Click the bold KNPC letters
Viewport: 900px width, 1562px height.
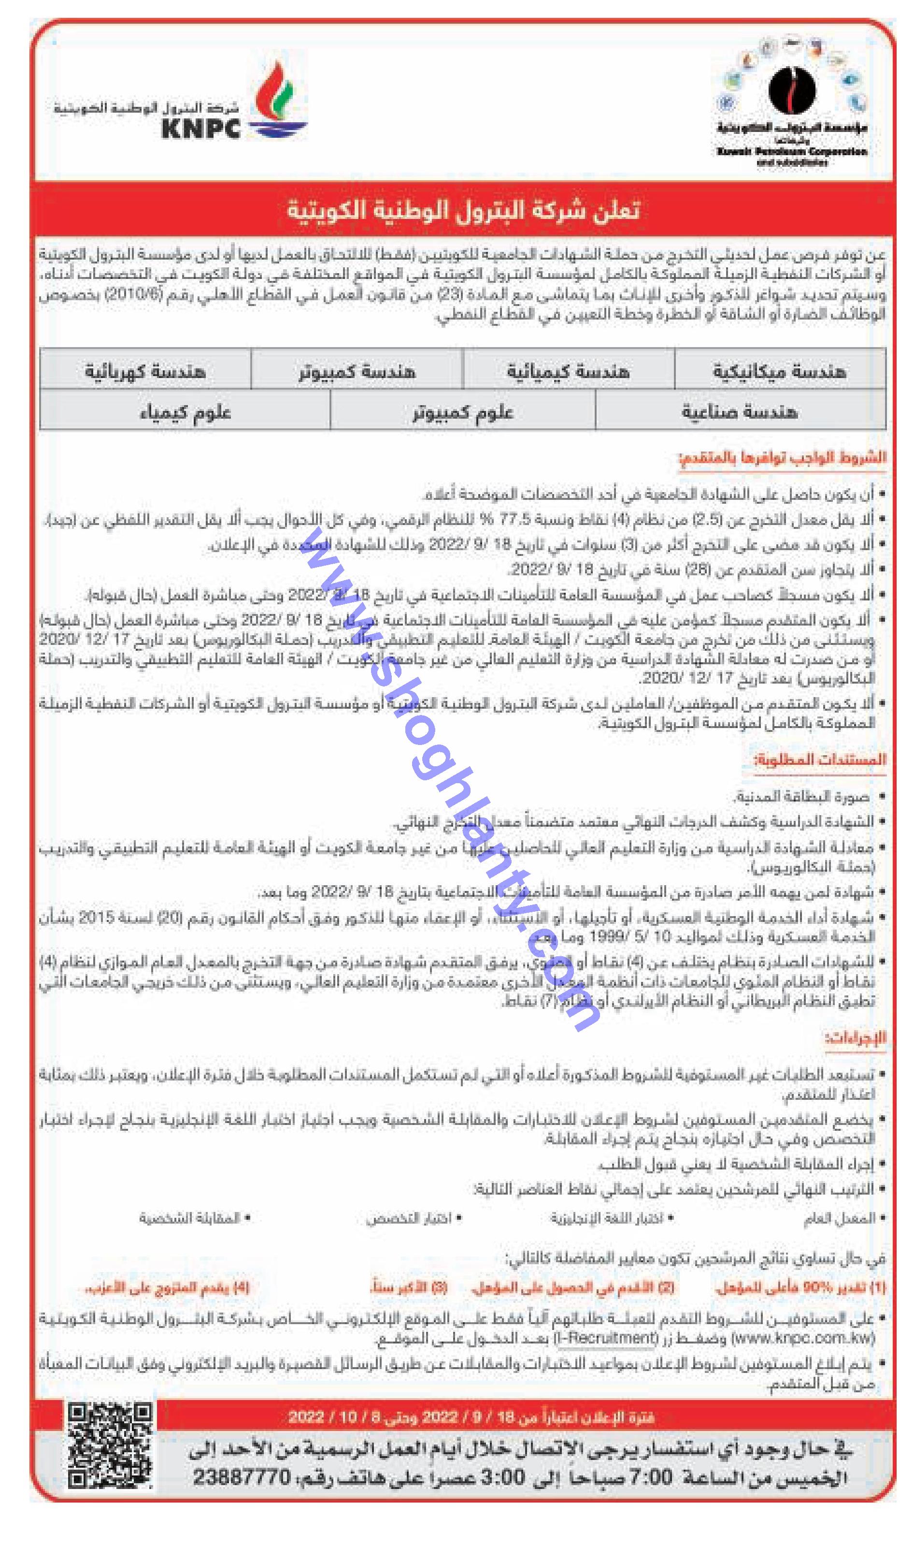point(201,129)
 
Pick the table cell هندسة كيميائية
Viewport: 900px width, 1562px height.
point(568,371)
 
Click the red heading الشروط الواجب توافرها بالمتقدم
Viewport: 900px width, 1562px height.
point(782,458)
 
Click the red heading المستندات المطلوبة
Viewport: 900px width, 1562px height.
point(820,759)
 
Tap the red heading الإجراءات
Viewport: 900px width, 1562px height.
point(856,1037)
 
